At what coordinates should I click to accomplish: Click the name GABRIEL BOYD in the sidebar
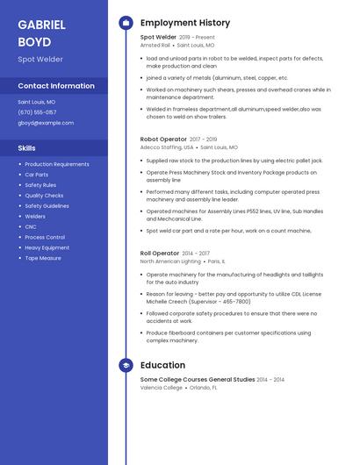tap(41, 32)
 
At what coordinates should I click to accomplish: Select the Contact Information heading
tap(56, 86)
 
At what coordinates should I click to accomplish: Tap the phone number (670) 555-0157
tap(37, 112)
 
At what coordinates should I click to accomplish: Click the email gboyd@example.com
tap(46, 123)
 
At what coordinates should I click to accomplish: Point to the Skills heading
tap(27, 148)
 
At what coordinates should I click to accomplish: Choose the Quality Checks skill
tap(44, 196)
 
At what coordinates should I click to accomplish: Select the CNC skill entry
tap(31, 226)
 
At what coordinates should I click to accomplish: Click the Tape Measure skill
tap(43, 258)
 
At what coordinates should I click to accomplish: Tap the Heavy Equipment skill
tap(47, 247)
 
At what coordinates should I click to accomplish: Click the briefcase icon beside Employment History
tap(126, 23)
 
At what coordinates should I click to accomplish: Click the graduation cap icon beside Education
tap(126, 365)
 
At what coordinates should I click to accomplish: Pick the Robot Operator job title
tap(163, 139)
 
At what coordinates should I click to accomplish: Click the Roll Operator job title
tap(159, 253)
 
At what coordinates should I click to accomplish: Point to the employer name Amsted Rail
tap(155, 45)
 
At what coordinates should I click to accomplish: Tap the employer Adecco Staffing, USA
tap(168, 147)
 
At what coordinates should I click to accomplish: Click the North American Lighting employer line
tap(171, 261)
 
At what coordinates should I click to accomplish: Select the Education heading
tap(162, 365)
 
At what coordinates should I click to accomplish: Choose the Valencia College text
tap(162, 387)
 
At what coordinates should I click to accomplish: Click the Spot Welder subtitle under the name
tap(40, 59)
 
